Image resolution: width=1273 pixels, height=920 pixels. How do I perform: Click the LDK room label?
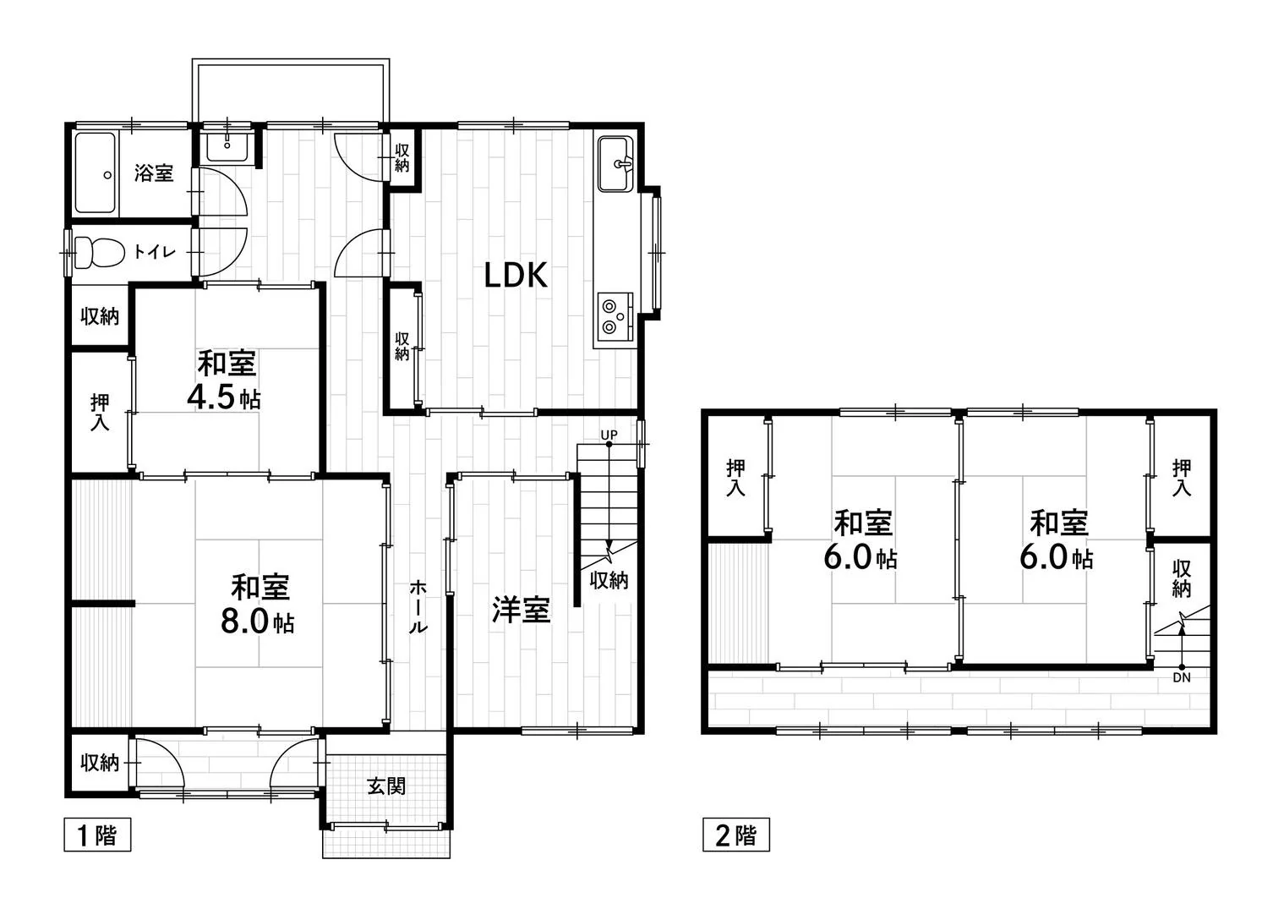point(516,275)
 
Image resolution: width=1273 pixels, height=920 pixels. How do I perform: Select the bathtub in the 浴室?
point(96,173)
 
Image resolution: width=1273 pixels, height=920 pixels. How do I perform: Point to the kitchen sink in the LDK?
point(615,164)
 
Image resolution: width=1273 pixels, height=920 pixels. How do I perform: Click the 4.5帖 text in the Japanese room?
point(224,397)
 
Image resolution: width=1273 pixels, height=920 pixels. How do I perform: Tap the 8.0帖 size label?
point(258,622)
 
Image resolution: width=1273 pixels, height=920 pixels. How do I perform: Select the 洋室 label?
point(522,610)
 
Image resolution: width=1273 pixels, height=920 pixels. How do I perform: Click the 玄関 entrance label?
point(386,787)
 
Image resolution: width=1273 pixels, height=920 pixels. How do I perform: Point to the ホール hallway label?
point(418,608)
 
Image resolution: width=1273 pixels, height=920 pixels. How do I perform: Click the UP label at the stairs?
point(609,435)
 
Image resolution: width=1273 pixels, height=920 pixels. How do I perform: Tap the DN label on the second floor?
point(1182,678)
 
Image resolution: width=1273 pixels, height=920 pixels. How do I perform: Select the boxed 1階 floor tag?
point(97,835)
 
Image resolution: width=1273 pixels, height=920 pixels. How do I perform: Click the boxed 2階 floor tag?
point(736,835)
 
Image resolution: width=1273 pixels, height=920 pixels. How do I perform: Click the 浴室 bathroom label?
point(154,172)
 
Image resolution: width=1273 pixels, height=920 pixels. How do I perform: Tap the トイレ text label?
point(155,251)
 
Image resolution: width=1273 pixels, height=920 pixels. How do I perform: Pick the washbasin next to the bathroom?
point(227,148)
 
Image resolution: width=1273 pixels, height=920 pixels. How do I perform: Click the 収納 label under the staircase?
point(609,581)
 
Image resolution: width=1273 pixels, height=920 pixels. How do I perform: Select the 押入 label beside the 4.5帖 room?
point(100,413)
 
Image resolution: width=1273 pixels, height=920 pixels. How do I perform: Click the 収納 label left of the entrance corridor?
point(100,763)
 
